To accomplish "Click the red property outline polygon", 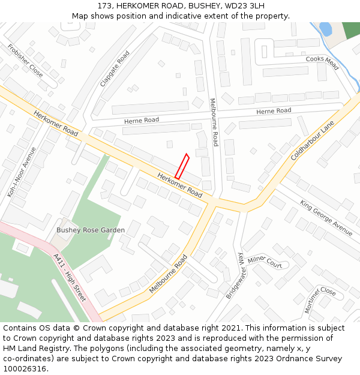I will point(182,167).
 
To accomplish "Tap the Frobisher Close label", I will point(25,60).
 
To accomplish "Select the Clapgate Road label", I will point(115,69).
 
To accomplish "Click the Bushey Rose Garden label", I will point(91,230).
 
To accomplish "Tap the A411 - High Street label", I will point(70,277).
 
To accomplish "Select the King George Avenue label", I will point(326,217).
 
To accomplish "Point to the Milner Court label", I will point(265,261).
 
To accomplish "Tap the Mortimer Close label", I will point(320,299).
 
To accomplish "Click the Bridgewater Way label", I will point(236,276).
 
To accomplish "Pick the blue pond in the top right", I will point(326,28).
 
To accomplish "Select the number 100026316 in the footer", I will point(25,369).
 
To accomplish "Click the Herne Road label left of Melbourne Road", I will point(142,121).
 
